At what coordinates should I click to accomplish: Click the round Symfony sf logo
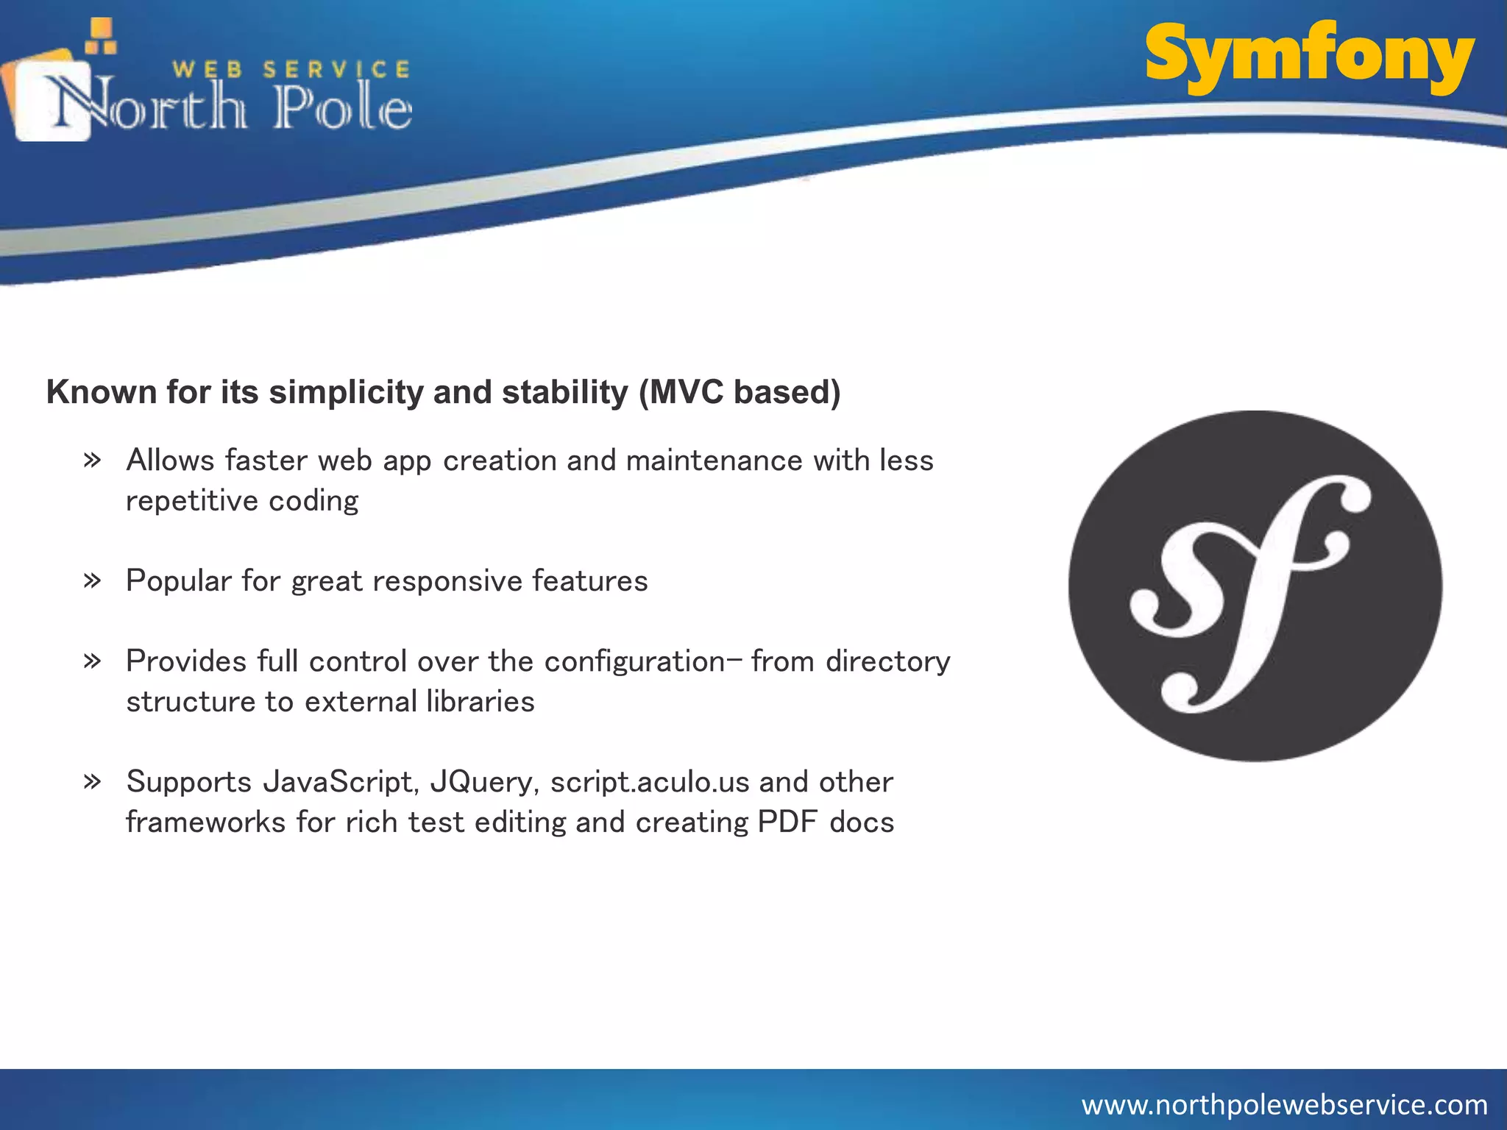coord(1255,586)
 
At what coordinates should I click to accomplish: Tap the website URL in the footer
coord(1284,1104)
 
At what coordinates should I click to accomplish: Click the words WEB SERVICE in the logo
coord(291,70)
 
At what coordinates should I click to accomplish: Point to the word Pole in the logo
coord(343,109)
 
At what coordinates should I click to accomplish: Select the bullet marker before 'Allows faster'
coord(92,461)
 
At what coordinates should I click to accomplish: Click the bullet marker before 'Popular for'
coord(92,581)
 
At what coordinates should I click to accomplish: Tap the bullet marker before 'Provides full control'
coord(92,661)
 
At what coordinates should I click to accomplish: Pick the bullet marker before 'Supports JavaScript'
coord(92,781)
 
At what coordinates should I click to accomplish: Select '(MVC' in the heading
coord(681,392)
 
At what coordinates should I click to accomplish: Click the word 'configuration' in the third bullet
coord(634,661)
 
